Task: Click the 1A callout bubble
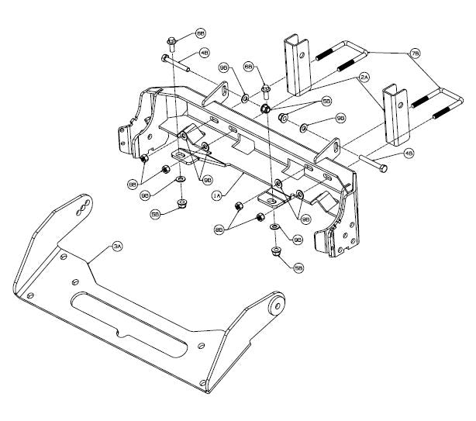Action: click(x=218, y=197)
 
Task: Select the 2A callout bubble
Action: click(x=364, y=78)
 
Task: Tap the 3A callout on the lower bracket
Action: click(x=117, y=246)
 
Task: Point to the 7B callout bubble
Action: click(x=415, y=53)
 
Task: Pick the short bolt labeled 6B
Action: click(x=265, y=87)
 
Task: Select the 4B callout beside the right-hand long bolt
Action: click(x=409, y=154)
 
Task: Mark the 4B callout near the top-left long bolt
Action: click(x=204, y=53)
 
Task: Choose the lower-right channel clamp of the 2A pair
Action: click(x=395, y=116)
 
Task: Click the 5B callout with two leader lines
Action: click(x=326, y=101)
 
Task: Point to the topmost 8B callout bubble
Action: click(x=200, y=34)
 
